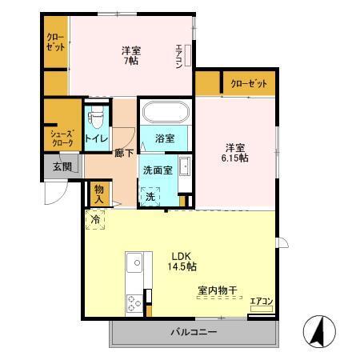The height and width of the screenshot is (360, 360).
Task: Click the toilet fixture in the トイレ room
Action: [x=98, y=119]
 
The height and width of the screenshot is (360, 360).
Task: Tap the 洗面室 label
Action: [x=157, y=170]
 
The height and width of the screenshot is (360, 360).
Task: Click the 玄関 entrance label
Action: [x=62, y=167]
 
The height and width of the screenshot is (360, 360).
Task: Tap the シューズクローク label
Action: [x=62, y=138]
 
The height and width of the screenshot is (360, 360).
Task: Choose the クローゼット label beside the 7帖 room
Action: [x=55, y=42]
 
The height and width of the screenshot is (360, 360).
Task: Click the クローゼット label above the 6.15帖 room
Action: [x=248, y=84]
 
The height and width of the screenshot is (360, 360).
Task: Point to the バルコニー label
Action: [x=193, y=331]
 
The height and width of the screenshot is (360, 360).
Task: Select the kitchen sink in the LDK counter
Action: [x=134, y=262]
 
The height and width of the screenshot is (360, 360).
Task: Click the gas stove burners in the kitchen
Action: [x=133, y=302]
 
